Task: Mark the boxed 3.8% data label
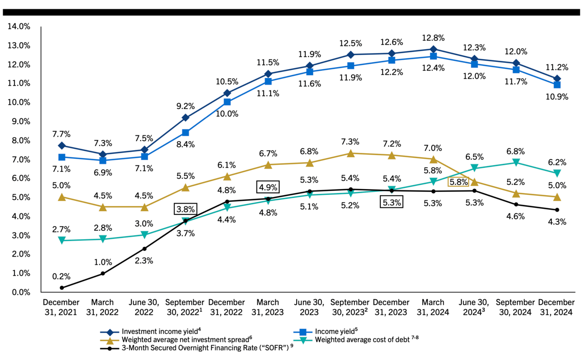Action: coord(185,209)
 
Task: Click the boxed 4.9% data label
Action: coord(268,187)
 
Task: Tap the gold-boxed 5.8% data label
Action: coord(458,182)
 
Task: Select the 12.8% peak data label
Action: coord(433,37)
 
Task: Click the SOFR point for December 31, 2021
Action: coord(62,288)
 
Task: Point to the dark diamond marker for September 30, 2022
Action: coord(185,118)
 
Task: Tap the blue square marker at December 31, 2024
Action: coord(557,84)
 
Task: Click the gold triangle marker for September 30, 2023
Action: coord(351,153)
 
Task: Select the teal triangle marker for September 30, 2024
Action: coord(516,162)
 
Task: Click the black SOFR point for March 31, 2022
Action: coord(103,273)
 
